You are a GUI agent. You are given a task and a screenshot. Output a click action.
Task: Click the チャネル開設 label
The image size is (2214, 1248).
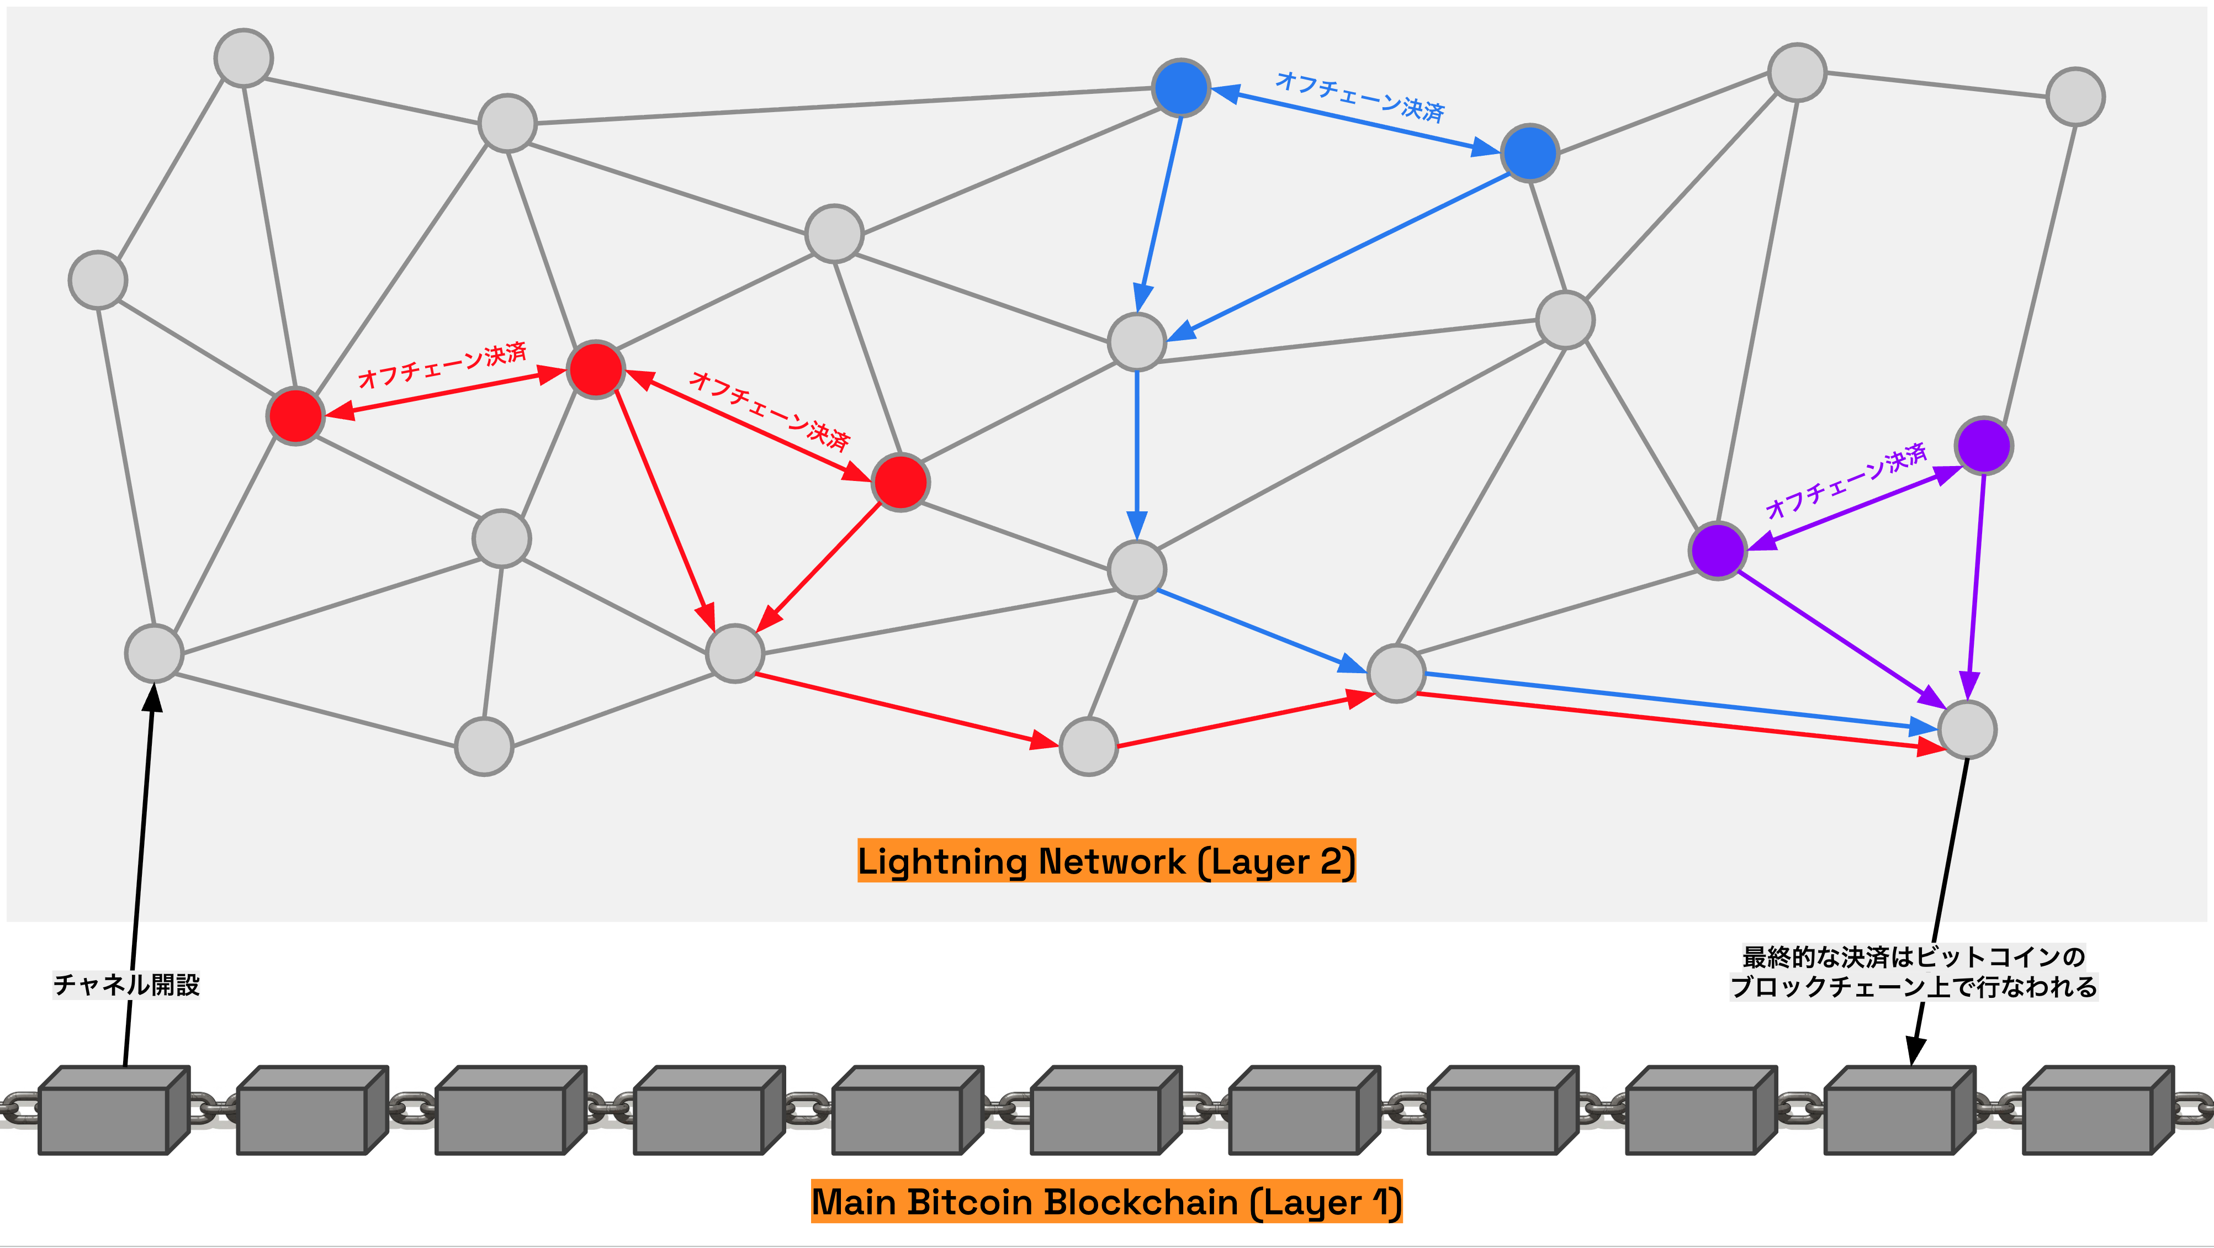coord(126,984)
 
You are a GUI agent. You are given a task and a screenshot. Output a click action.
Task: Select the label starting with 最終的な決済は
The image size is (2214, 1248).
coord(1913,971)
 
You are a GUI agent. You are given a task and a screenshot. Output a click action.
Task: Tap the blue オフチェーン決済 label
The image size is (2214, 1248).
coord(1360,96)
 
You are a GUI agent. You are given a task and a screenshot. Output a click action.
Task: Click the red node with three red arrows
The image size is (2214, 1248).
coord(596,369)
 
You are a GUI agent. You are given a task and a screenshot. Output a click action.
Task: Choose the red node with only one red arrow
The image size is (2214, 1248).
coord(295,416)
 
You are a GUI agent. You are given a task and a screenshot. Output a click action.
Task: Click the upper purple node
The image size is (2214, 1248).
coord(1984,445)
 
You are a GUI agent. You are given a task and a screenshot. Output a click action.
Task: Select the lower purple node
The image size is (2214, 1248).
coord(1717,550)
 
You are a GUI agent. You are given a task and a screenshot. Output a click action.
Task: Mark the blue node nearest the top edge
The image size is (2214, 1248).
coord(1181,88)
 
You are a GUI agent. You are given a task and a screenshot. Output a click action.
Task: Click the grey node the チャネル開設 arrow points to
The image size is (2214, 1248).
coord(154,653)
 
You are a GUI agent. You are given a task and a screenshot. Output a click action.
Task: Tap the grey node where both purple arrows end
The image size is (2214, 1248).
coord(1967,729)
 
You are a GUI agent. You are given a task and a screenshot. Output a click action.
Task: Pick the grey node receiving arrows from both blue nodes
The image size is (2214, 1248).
coord(1137,341)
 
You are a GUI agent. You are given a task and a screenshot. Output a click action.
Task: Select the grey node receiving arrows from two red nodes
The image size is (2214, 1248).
coord(735,653)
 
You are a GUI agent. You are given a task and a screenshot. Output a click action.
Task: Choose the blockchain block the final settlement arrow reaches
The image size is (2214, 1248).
coord(1898,1110)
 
